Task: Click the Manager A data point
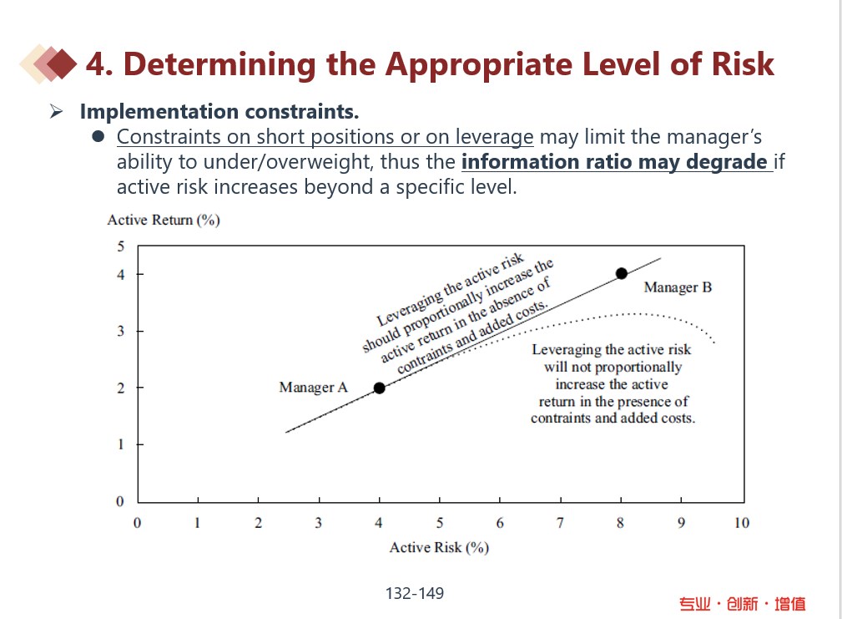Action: click(x=379, y=388)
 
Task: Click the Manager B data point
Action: click(x=621, y=273)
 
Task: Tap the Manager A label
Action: click(x=313, y=388)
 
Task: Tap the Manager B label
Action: click(x=678, y=287)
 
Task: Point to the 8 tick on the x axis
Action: click(x=621, y=523)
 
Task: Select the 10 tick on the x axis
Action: click(x=741, y=523)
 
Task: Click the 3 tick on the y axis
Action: click(x=119, y=332)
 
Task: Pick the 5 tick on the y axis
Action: click(x=119, y=246)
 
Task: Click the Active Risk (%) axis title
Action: click(x=439, y=548)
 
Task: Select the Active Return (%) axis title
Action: click(x=164, y=221)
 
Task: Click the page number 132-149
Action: click(x=415, y=594)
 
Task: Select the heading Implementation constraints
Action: click(x=219, y=111)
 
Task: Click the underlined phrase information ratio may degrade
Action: click(x=615, y=161)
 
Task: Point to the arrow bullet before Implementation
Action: click(x=57, y=111)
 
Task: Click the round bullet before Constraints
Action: click(x=98, y=137)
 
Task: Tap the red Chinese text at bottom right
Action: click(x=742, y=603)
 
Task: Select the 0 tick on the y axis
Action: click(x=119, y=501)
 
